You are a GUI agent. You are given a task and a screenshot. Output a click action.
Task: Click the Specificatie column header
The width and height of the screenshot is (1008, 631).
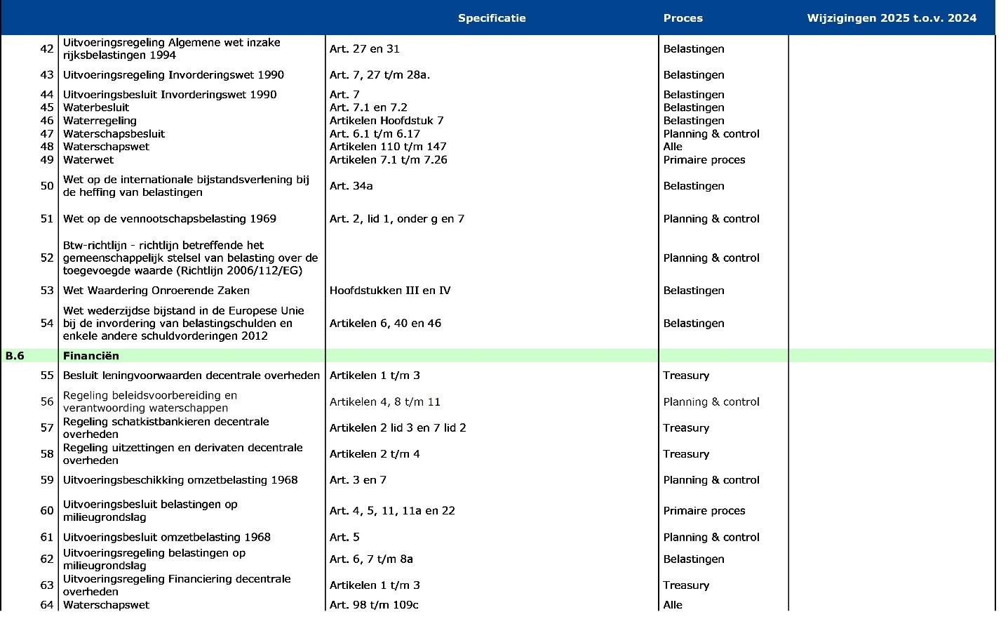[491, 18]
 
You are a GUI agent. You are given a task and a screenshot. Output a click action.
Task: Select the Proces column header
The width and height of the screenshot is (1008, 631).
[683, 18]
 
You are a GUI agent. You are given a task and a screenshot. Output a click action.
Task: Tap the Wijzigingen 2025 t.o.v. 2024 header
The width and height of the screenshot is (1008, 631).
[892, 18]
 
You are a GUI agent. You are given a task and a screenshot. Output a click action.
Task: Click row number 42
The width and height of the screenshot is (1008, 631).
[47, 49]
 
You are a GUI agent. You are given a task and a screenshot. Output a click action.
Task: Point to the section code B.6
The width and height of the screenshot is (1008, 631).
[15, 356]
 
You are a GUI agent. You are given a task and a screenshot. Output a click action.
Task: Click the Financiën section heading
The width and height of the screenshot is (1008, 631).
[91, 356]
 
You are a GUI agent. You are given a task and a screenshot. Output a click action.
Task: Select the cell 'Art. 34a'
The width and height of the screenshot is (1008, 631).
[351, 186]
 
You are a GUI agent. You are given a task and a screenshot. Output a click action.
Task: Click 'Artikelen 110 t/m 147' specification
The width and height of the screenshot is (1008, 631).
[388, 147]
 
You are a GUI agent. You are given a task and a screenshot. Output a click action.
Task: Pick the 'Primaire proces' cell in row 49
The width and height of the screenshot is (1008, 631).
[704, 160]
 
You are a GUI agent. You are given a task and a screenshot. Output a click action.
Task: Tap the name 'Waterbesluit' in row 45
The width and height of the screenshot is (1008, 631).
[96, 107]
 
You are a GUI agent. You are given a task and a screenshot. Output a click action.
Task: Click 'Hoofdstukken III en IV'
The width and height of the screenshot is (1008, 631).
[390, 291]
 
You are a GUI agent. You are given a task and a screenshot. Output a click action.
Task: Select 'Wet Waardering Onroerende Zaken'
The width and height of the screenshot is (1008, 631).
[156, 291]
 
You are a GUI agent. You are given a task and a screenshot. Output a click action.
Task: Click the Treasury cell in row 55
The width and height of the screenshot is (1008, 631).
[686, 376]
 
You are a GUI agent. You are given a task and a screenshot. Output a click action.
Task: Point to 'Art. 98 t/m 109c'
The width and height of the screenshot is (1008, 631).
[374, 605]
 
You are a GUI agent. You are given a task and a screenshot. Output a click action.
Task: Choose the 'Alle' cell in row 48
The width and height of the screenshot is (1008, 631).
[673, 147]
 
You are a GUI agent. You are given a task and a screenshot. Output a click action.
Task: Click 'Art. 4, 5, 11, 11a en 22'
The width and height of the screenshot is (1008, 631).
[392, 511]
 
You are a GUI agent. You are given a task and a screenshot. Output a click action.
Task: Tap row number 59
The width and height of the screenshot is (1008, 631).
[47, 480]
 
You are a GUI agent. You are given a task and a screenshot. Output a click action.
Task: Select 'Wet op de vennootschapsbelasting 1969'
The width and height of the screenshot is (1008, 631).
[170, 219]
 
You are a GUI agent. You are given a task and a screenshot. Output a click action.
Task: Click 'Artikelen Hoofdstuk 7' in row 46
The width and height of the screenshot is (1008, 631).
[387, 121]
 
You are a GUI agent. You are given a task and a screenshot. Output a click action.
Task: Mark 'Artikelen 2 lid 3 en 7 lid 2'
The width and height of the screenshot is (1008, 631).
[398, 428]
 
